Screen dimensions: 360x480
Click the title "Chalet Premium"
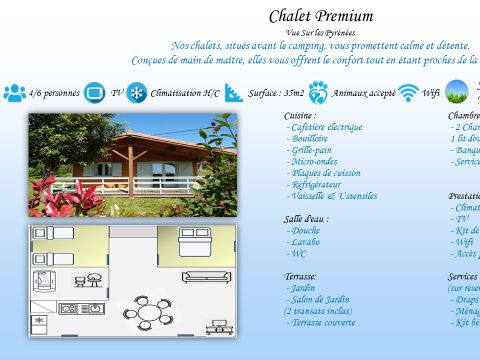pos(321,16)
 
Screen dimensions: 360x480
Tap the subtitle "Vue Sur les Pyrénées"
pos(320,32)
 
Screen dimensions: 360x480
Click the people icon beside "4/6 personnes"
pos(15,93)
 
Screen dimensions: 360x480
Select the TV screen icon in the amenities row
pos(95,93)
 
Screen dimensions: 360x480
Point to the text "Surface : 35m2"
pos(276,93)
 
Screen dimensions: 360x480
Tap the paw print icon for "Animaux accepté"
pos(318,93)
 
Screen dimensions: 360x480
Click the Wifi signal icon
pos(408,93)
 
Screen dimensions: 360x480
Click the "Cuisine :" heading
pos(301,116)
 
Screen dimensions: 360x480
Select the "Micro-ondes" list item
pos(311,161)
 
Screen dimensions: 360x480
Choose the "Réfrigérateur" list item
pos(316,184)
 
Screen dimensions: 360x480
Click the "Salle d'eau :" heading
pos(306,219)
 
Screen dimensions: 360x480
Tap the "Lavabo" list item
pos(306,242)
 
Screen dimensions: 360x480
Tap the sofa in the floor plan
pos(207,277)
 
